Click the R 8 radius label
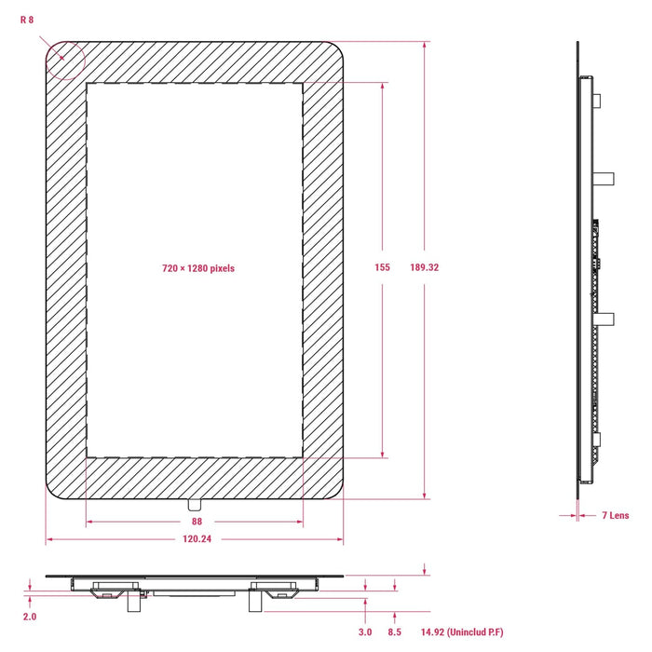pos(27,20)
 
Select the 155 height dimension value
pos(382,267)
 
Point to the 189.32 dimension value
pos(424,267)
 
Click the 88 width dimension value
pos(197,522)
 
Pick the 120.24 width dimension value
pos(197,539)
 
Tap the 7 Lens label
pos(616,516)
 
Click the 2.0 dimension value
pos(30,617)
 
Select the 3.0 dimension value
pos(365,632)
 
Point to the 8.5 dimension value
pos(395,632)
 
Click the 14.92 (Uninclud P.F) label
pos(462,632)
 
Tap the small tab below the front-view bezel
pos(195,505)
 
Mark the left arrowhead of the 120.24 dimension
pos(48,539)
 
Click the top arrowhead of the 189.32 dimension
pos(424,45)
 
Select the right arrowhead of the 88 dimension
pos(300,522)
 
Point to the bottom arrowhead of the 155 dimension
pos(383,455)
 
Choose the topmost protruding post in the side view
pos(597,101)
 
